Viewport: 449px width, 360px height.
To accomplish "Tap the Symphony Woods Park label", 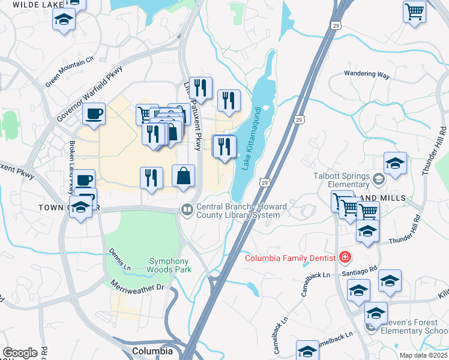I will [x=169, y=265].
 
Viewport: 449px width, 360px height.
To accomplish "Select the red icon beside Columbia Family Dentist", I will [x=345, y=258].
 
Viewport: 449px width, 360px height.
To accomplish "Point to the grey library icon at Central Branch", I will [x=187, y=209].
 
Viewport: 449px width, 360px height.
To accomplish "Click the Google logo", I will [x=20, y=352].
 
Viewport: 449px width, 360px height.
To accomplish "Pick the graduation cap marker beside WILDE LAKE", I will [x=63, y=19].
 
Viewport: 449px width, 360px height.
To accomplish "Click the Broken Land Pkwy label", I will [x=72, y=159].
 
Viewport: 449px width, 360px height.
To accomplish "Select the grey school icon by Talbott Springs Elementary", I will [x=378, y=178].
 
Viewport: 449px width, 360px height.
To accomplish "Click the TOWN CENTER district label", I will [x=60, y=208].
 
